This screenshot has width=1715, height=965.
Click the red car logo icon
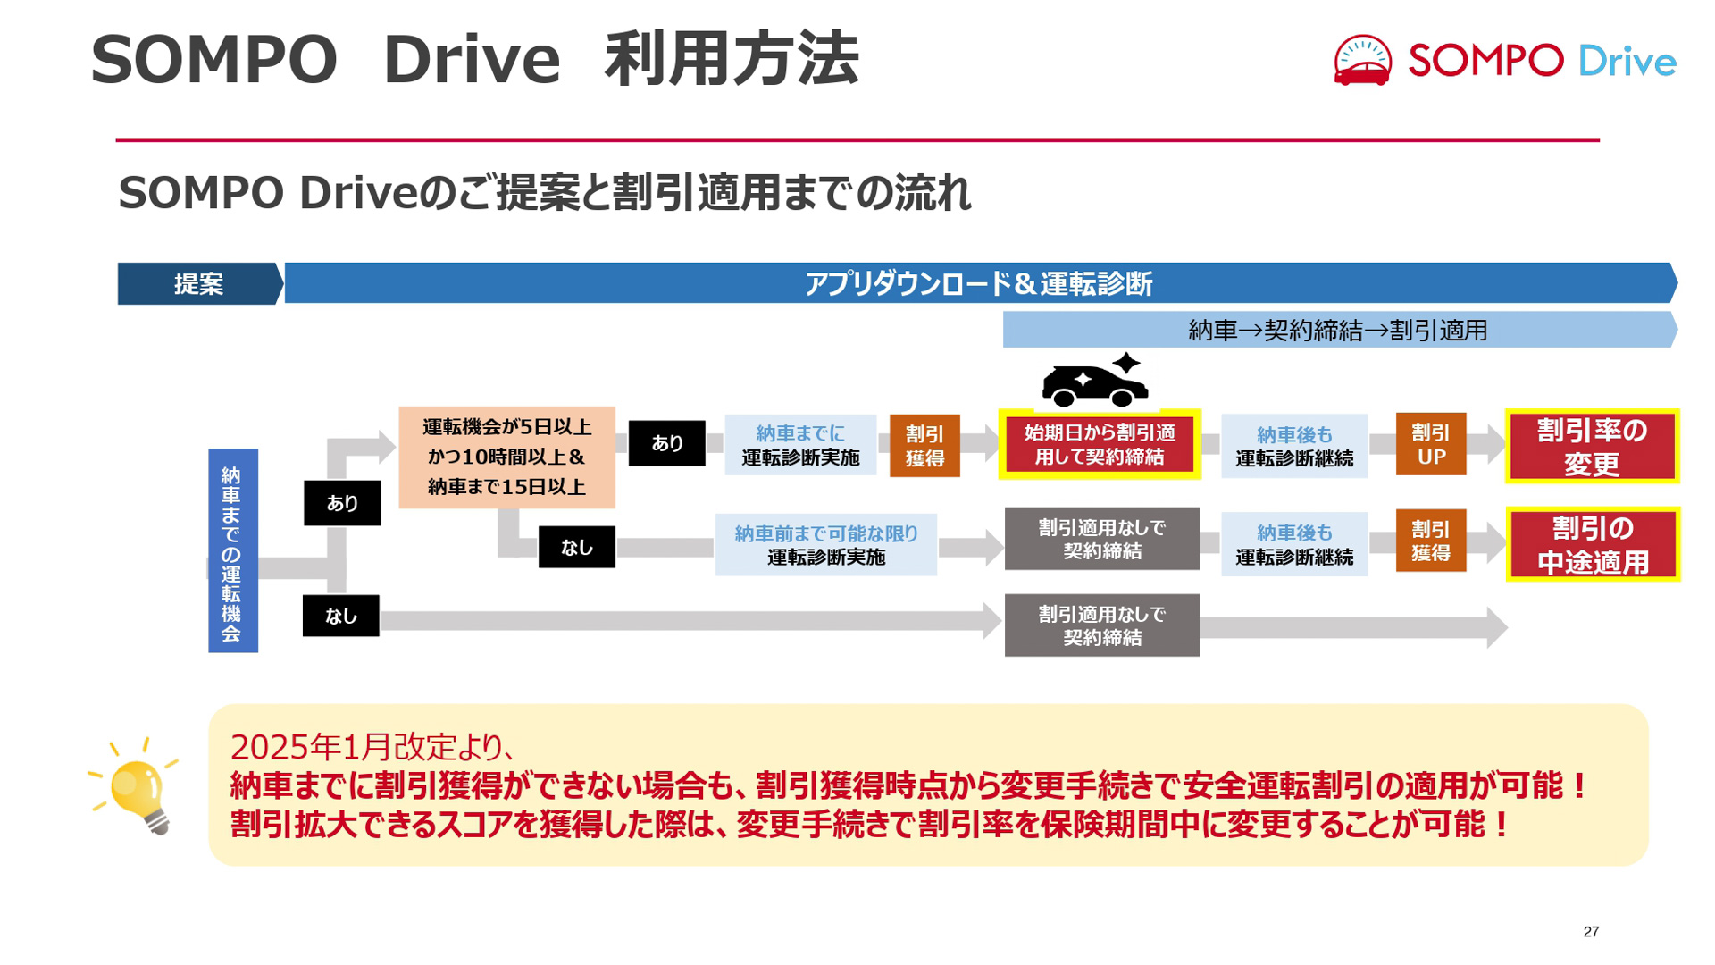pyautogui.click(x=1361, y=62)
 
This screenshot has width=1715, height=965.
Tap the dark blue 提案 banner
pyautogui.click(x=198, y=284)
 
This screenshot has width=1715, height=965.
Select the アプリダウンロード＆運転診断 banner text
pyautogui.click(x=978, y=284)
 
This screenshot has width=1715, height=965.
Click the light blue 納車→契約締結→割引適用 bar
pyautogui.click(x=1337, y=331)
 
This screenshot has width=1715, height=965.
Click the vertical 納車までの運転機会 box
pyautogui.click(x=232, y=550)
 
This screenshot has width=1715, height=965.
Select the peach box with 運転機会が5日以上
pyautogui.click(x=506, y=457)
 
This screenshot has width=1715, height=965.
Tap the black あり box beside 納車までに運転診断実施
pyautogui.click(x=666, y=443)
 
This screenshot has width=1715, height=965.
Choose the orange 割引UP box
pyautogui.click(x=1430, y=444)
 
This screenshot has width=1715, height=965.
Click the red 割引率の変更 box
pyautogui.click(x=1592, y=447)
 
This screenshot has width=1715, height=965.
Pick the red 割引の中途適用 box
pyautogui.click(x=1592, y=544)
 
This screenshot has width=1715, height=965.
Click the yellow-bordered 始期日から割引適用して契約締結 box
pyautogui.click(x=1099, y=445)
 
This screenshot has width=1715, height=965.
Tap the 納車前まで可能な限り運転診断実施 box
pyautogui.click(x=825, y=545)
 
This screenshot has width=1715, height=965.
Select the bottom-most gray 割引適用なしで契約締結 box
pyautogui.click(x=1101, y=625)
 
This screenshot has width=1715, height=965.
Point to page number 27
pyautogui.click(x=1591, y=931)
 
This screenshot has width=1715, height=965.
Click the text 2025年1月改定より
pyautogui.click(x=371, y=746)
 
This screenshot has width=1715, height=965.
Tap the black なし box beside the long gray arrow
pyautogui.click(x=340, y=616)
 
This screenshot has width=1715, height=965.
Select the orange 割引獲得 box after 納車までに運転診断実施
pyautogui.click(x=924, y=446)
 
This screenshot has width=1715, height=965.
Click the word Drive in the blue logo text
pyautogui.click(x=1627, y=62)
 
